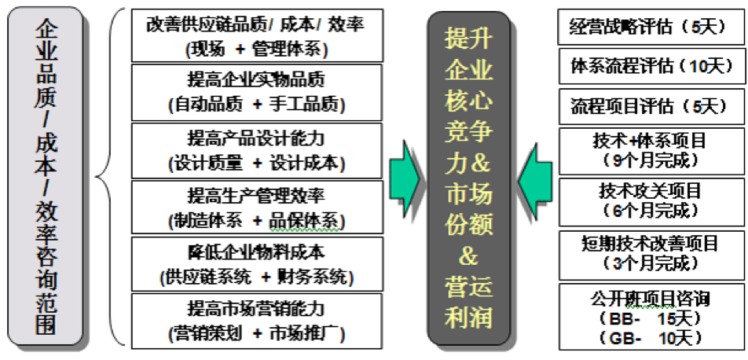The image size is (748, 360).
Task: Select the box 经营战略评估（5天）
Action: point(651,27)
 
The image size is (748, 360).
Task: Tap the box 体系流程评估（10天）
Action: point(651,66)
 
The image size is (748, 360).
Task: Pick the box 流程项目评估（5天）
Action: point(651,105)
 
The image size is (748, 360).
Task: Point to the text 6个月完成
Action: point(651,210)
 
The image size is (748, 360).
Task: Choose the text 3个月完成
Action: point(651,262)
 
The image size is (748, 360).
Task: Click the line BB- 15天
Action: point(651,318)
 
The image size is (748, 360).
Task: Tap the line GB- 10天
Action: point(651,339)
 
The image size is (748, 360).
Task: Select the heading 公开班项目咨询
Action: point(651,299)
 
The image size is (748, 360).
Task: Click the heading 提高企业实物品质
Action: point(256,79)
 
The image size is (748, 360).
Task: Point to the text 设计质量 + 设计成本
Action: point(256,163)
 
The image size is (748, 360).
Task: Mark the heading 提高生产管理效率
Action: point(256,195)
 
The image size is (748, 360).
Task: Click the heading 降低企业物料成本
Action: point(256,252)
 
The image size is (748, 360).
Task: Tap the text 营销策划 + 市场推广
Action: point(256,332)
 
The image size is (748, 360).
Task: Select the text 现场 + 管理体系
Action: point(256,50)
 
